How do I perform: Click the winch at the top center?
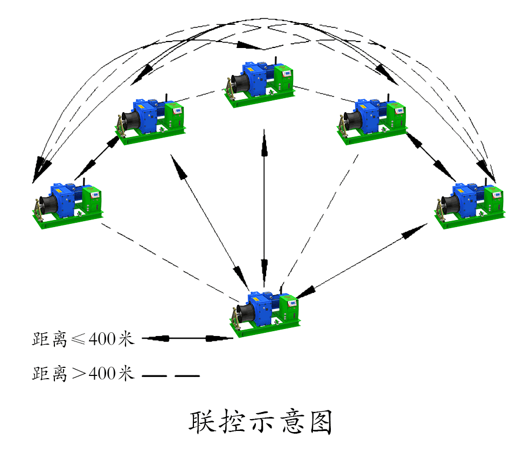pos(260,84)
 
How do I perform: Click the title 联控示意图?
pos(260,423)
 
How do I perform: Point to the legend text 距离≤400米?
pos(82,339)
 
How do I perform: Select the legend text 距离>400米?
pos(82,373)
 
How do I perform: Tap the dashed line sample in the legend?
pos(171,374)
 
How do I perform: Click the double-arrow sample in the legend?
pos(187,339)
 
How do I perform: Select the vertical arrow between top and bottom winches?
pos(264,205)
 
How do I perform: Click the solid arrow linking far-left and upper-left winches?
pos(97,157)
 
